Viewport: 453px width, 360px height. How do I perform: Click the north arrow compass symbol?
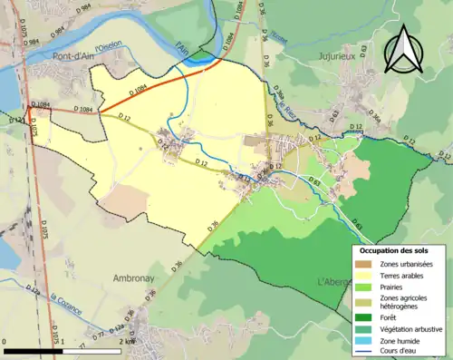[x=402, y=50]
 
